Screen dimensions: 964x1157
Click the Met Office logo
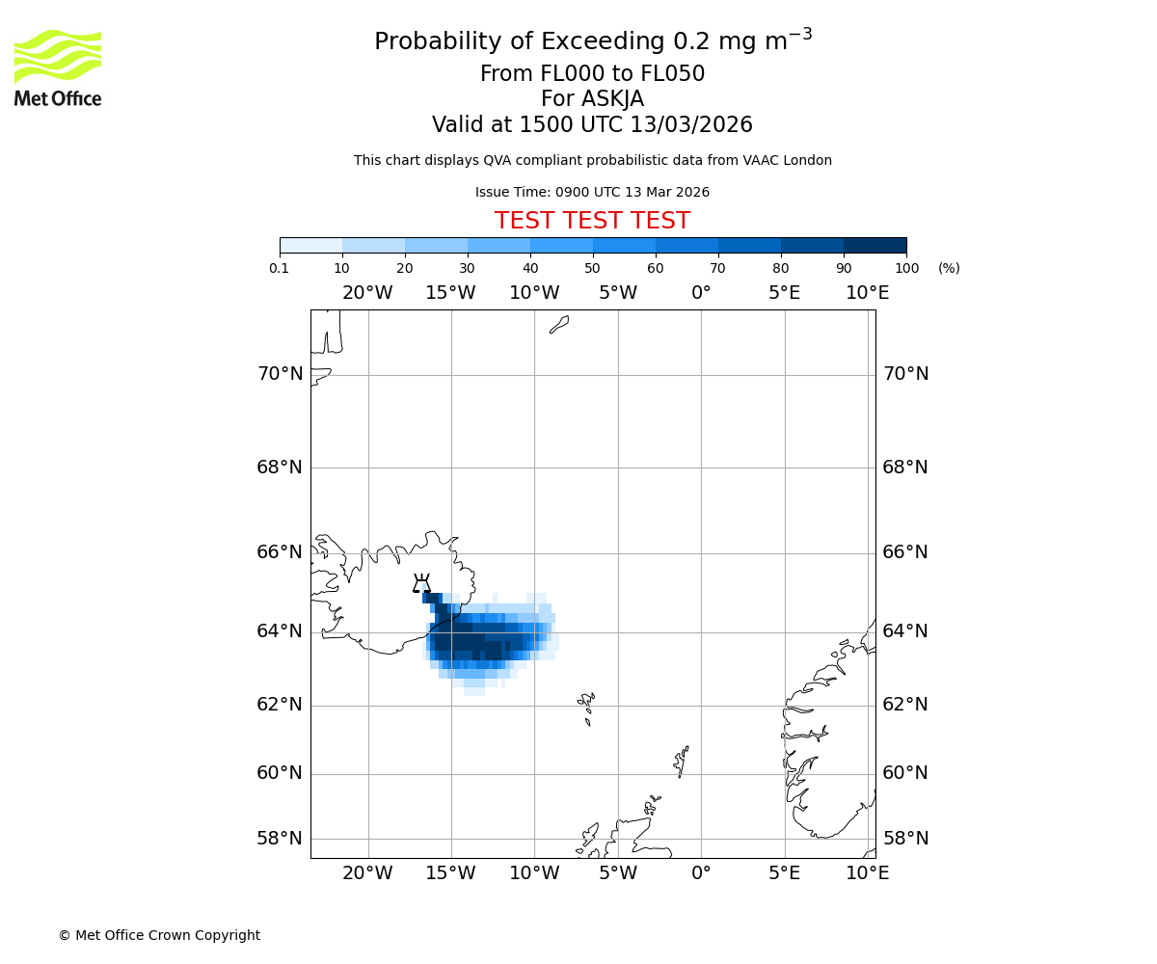click(x=58, y=67)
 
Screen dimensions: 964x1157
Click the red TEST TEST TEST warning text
click(x=592, y=221)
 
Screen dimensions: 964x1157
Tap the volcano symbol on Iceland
click(x=421, y=584)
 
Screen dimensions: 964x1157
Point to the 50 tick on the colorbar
click(x=593, y=268)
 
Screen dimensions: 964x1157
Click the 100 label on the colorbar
click(x=906, y=268)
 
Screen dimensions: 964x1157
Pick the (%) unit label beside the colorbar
click(x=949, y=268)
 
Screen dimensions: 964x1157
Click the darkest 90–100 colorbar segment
click(x=874, y=245)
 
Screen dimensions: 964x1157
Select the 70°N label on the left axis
click(x=280, y=374)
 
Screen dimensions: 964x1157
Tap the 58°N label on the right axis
click(x=905, y=839)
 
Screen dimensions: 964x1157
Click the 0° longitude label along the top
click(x=701, y=293)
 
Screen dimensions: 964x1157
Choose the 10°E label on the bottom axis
click(x=867, y=873)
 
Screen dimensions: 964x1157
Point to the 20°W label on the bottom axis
click(x=367, y=873)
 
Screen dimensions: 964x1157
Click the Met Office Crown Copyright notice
click(x=159, y=935)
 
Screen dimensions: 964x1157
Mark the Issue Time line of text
click(x=592, y=193)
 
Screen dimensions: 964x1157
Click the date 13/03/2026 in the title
click(x=691, y=125)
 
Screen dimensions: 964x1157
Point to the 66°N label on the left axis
click(x=280, y=552)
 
